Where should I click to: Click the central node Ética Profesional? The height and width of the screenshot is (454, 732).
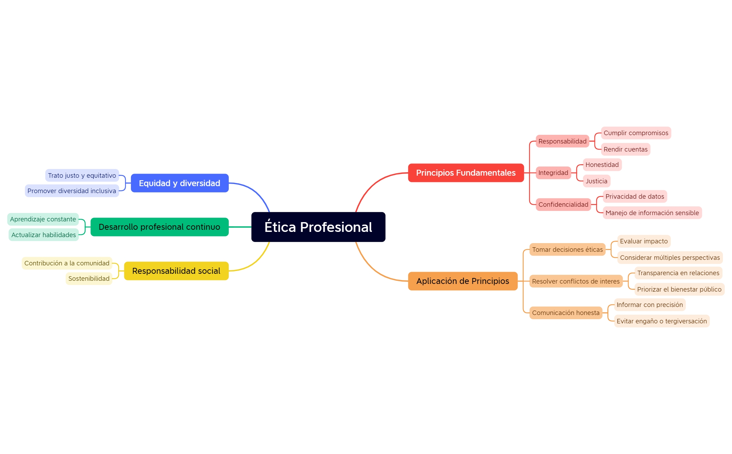point(318,227)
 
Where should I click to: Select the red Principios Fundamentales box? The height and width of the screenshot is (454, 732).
point(466,173)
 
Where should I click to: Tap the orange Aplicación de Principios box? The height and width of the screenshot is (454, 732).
point(463,281)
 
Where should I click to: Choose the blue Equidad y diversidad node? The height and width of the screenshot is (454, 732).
point(180,183)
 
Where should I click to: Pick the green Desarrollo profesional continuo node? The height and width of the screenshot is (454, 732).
point(160,227)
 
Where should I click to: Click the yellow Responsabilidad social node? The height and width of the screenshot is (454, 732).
point(176,271)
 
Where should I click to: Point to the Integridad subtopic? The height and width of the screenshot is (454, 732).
point(553,173)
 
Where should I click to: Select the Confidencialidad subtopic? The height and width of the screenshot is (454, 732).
point(563,205)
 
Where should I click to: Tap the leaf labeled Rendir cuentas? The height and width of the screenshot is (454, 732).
point(625,149)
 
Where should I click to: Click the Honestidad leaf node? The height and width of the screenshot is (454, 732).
point(602,165)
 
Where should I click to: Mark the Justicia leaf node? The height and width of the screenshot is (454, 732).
point(596,181)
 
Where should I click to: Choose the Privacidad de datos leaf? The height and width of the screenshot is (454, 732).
point(635,197)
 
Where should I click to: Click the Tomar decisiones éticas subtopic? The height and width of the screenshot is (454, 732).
point(568,250)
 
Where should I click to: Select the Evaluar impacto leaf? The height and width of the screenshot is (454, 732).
point(644,241)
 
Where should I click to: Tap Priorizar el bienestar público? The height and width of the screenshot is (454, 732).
point(679,290)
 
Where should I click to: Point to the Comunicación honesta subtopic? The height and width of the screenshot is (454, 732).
point(566,313)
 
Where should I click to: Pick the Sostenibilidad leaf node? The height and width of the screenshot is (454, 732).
point(89,279)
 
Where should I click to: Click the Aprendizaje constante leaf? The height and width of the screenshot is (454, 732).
point(43,219)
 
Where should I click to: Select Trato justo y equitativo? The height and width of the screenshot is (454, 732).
point(82,176)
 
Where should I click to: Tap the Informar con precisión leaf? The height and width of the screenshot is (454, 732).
point(650,305)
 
